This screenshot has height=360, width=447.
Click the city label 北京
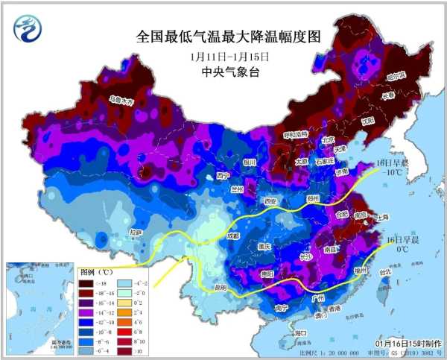pos(329,139)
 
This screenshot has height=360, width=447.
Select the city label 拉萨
pos(136,232)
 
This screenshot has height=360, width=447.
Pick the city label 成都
pos(234,236)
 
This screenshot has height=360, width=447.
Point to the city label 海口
pos(300,332)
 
